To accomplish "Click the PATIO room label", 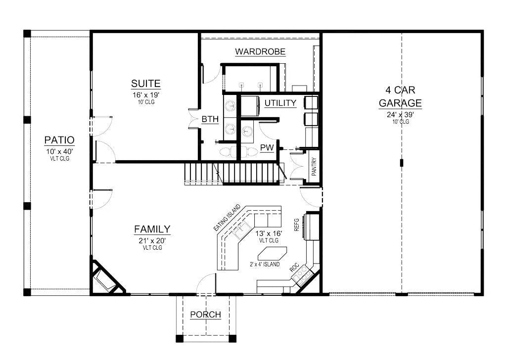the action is [x=59, y=140].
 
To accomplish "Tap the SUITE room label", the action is [x=146, y=84].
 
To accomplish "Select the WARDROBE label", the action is [x=260, y=52].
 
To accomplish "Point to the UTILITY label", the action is [x=280, y=103].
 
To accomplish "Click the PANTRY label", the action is [x=314, y=167].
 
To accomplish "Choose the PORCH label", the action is [x=206, y=315].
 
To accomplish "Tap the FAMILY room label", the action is [x=152, y=229].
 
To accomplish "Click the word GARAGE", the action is [x=400, y=103].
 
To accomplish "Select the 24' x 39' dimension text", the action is [x=400, y=115].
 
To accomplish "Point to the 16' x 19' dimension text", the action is [x=146, y=95].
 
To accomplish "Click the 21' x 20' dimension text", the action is [x=152, y=241].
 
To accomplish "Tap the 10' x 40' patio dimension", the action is [x=59, y=151].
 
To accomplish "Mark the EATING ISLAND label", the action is [x=227, y=218].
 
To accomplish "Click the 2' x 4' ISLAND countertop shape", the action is [x=272, y=253].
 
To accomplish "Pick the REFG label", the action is [x=296, y=225].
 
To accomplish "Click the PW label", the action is [x=267, y=148].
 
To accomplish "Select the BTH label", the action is [x=210, y=119].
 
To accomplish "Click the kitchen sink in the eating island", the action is [x=241, y=230].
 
